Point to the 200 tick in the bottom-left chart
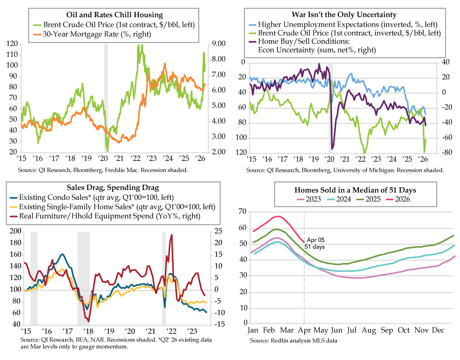[x=16, y=231]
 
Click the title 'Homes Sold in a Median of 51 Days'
[x=345, y=190]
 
